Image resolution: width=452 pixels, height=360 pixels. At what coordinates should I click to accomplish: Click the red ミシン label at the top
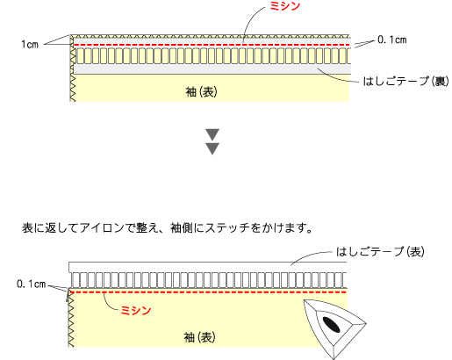[x=284, y=6]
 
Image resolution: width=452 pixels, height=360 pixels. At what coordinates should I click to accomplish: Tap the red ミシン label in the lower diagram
[x=136, y=311]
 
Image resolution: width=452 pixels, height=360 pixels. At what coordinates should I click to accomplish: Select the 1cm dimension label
[x=30, y=45]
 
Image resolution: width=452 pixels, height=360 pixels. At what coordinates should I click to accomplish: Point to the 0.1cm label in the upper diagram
[x=392, y=40]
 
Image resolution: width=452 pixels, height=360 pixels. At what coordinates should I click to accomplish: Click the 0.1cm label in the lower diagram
[x=32, y=284]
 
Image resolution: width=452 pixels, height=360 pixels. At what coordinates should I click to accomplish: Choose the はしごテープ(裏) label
[x=405, y=82]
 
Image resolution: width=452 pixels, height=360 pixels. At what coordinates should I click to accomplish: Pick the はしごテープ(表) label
[x=380, y=252]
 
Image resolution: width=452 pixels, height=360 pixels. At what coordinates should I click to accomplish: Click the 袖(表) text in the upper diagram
[x=202, y=92]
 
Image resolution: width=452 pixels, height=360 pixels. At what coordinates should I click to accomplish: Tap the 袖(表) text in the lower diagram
[x=200, y=337]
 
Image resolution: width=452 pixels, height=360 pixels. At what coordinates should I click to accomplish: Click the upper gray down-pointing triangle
[x=212, y=134]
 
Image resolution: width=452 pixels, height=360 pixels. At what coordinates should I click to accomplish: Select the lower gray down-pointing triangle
[x=212, y=148]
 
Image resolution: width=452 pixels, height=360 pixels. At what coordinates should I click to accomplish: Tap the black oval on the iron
[x=331, y=325]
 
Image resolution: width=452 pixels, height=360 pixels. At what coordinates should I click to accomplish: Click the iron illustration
[x=334, y=328]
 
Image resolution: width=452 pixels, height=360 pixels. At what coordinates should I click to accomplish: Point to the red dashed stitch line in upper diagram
[x=212, y=45]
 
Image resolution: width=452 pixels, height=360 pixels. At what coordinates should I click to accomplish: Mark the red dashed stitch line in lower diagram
[x=208, y=292]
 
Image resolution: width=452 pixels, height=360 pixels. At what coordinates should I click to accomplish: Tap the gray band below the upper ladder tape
[x=212, y=69]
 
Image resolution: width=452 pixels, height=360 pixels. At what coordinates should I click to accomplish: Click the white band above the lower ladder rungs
[x=208, y=267]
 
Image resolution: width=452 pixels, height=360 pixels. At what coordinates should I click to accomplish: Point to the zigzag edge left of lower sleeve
[x=71, y=319]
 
